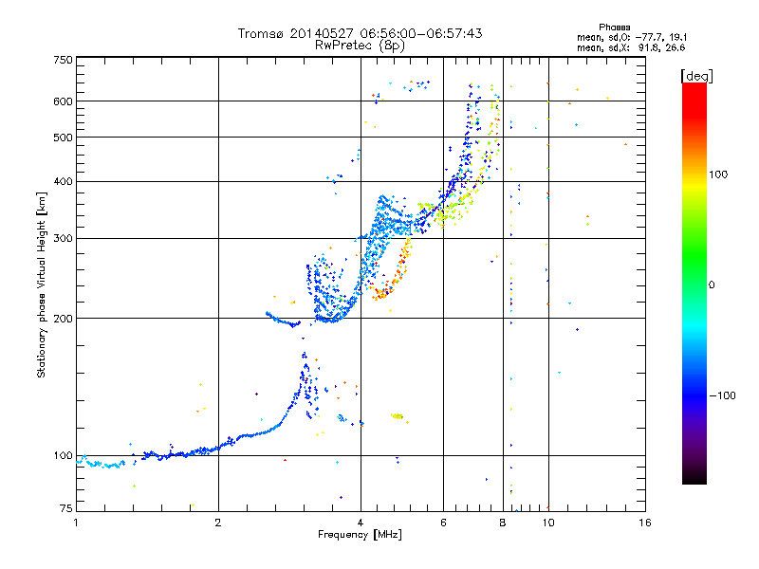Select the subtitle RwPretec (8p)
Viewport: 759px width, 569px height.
click(x=361, y=45)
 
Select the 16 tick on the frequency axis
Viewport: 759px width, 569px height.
click(x=645, y=523)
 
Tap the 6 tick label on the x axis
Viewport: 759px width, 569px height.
click(x=444, y=523)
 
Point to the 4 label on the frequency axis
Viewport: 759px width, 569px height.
click(x=361, y=523)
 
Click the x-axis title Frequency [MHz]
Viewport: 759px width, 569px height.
click(x=361, y=536)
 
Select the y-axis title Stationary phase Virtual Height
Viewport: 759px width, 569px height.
click(x=42, y=284)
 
